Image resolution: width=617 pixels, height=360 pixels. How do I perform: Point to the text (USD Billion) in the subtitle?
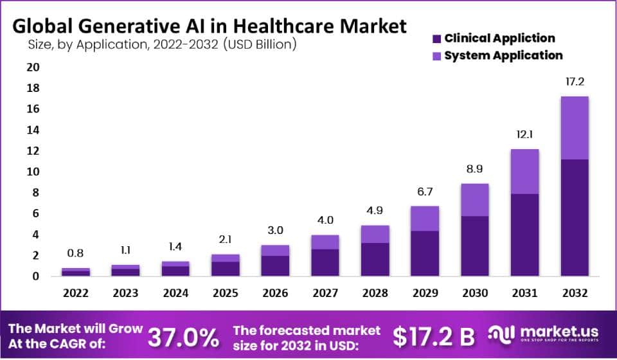(260, 45)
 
